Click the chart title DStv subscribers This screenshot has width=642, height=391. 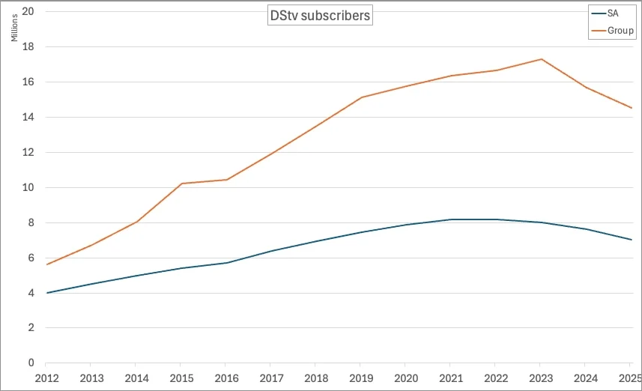point(320,16)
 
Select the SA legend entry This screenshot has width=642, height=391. point(614,13)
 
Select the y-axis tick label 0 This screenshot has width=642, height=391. point(30,363)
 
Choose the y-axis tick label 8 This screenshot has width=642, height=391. point(30,222)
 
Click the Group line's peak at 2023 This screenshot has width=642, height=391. point(542,59)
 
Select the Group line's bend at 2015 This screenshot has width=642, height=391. point(182,184)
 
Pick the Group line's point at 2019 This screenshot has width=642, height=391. point(362,97)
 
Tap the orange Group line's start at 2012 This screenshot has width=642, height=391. point(47,264)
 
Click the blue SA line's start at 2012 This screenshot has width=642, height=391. point(47,293)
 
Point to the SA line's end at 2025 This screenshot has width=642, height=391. point(632,240)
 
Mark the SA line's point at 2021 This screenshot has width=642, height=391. point(452,219)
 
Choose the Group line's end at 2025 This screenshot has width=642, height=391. point(632,108)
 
